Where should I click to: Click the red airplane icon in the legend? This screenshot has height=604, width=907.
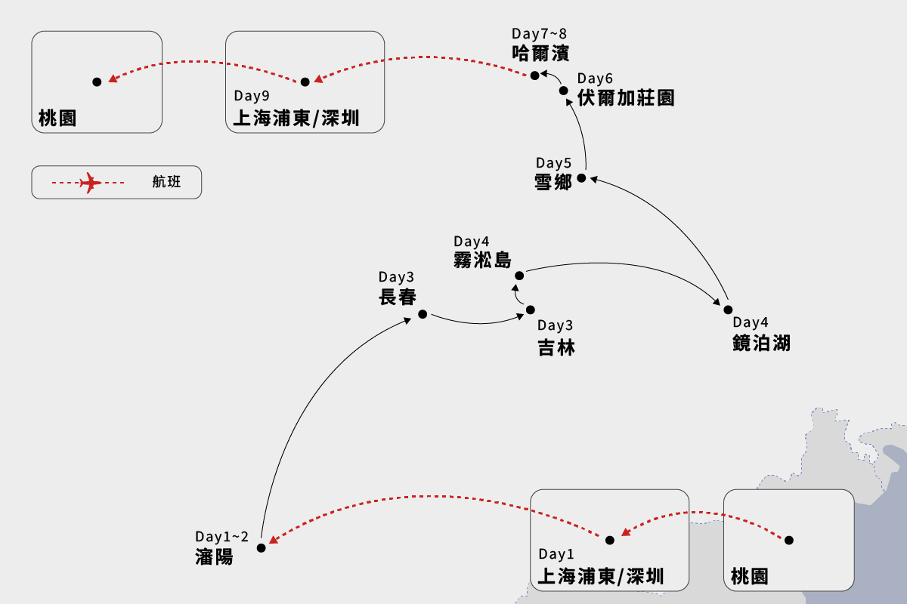pyautogui.click(x=90, y=183)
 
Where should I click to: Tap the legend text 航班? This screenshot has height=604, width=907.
pyautogui.click(x=166, y=182)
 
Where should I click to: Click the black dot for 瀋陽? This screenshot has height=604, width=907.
pyautogui.click(x=262, y=548)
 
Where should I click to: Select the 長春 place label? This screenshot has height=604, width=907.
pyautogui.click(x=398, y=297)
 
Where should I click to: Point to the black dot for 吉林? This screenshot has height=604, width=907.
pyautogui.click(x=531, y=310)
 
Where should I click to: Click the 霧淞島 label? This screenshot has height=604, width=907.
pyautogui.click(x=482, y=260)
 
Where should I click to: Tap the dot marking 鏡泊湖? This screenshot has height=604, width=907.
pyautogui.click(x=729, y=310)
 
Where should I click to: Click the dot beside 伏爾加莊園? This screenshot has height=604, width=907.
pyautogui.click(x=564, y=91)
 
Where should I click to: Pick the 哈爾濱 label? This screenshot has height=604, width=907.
pyautogui.click(x=540, y=53)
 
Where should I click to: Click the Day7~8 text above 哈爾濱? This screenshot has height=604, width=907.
pyautogui.click(x=539, y=34)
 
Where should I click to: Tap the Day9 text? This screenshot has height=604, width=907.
pyautogui.click(x=251, y=96)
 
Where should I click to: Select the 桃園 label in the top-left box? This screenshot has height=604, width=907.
pyautogui.click(x=57, y=119)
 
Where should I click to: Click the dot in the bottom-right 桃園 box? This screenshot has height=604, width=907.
pyautogui.click(x=789, y=540)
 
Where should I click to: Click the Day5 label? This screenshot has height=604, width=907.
pyautogui.click(x=555, y=163)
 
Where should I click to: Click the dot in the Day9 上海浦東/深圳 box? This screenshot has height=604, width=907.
pyautogui.click(x=305, y=82)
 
